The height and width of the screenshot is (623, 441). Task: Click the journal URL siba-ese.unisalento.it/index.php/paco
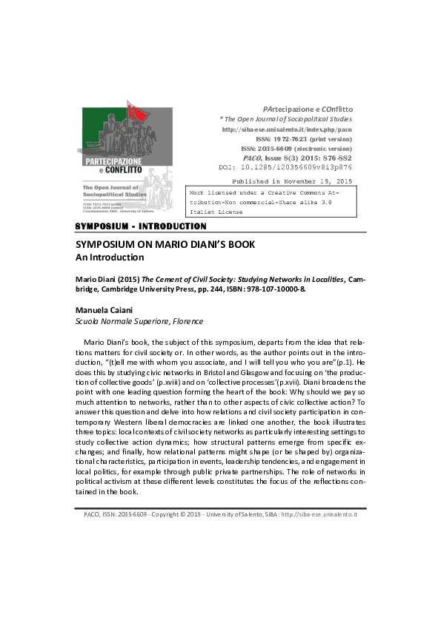(288, 129)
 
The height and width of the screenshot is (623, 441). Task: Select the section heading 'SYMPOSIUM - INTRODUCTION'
(142, 226)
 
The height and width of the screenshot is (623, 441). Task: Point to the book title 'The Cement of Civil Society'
(193, 280)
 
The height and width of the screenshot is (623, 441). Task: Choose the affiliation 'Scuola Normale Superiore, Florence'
(139, 321)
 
